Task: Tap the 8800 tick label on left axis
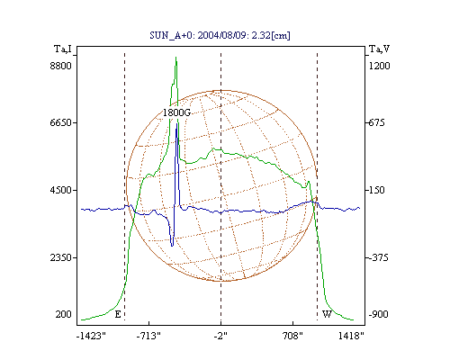point(61,66)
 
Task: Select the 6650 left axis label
point(61,122)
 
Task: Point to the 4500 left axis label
point(61,190)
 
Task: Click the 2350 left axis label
point(61,257)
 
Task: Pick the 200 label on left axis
point(64,314)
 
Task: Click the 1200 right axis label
point(380,66)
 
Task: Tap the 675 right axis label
point(376,122)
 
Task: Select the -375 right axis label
point(378,257)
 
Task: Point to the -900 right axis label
point(378,314)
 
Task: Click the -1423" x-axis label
point(92,336)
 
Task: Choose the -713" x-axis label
point(148,336)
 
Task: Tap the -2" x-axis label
point(220,336)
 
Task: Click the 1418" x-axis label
point(351,336)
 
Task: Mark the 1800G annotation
point(177,112)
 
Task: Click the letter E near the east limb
point(118,314)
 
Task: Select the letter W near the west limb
point(327,314)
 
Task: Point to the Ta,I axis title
point(63,49)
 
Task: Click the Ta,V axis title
point(380,49)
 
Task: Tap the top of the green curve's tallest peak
point(175,57)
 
